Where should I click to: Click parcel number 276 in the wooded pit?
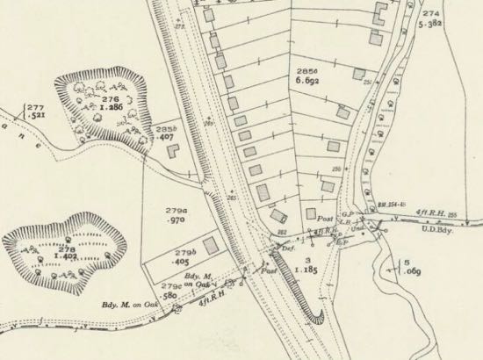pyautogui.click(x=108, y=100)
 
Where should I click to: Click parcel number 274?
pyautogui.click(x=430, y=14)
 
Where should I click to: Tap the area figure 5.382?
pyautogui.click(x=430, y=26)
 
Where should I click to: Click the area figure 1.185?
pyautogui.click(x=306, y=272)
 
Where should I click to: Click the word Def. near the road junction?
pyautogui.click(x=287, y=248)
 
